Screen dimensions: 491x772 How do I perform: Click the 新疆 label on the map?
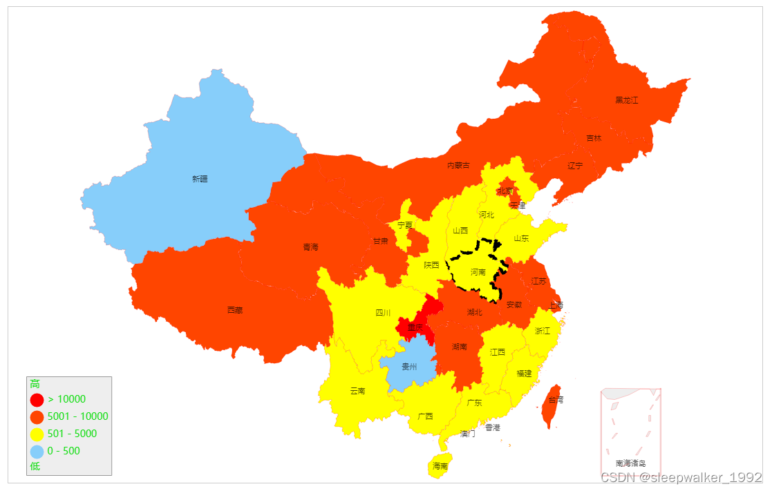point(200,179)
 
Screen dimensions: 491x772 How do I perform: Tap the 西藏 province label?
point(235,310)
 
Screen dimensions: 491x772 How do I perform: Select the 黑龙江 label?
point(627,100)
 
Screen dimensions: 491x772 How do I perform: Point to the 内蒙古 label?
point(458,165)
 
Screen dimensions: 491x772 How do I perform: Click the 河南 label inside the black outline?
point(478,272)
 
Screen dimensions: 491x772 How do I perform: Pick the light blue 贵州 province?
point(408,367)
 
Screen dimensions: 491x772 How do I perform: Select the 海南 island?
point(440,465)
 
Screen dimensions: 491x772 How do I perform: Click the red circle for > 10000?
point(37,400)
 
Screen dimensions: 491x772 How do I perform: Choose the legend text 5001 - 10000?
point(78,416)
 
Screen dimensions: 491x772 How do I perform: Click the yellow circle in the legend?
point(37,434)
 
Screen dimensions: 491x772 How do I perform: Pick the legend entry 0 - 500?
point(64,451)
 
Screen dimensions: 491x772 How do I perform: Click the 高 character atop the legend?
point(35,384)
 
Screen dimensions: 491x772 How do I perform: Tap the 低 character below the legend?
point(35,466)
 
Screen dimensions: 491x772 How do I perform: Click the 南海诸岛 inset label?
point(630,463)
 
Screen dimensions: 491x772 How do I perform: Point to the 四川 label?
point(383,313)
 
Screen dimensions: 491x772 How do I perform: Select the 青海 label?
point(311,247)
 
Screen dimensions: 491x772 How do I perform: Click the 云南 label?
point(357,391)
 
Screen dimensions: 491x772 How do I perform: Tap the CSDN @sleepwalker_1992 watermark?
point(681,477)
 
